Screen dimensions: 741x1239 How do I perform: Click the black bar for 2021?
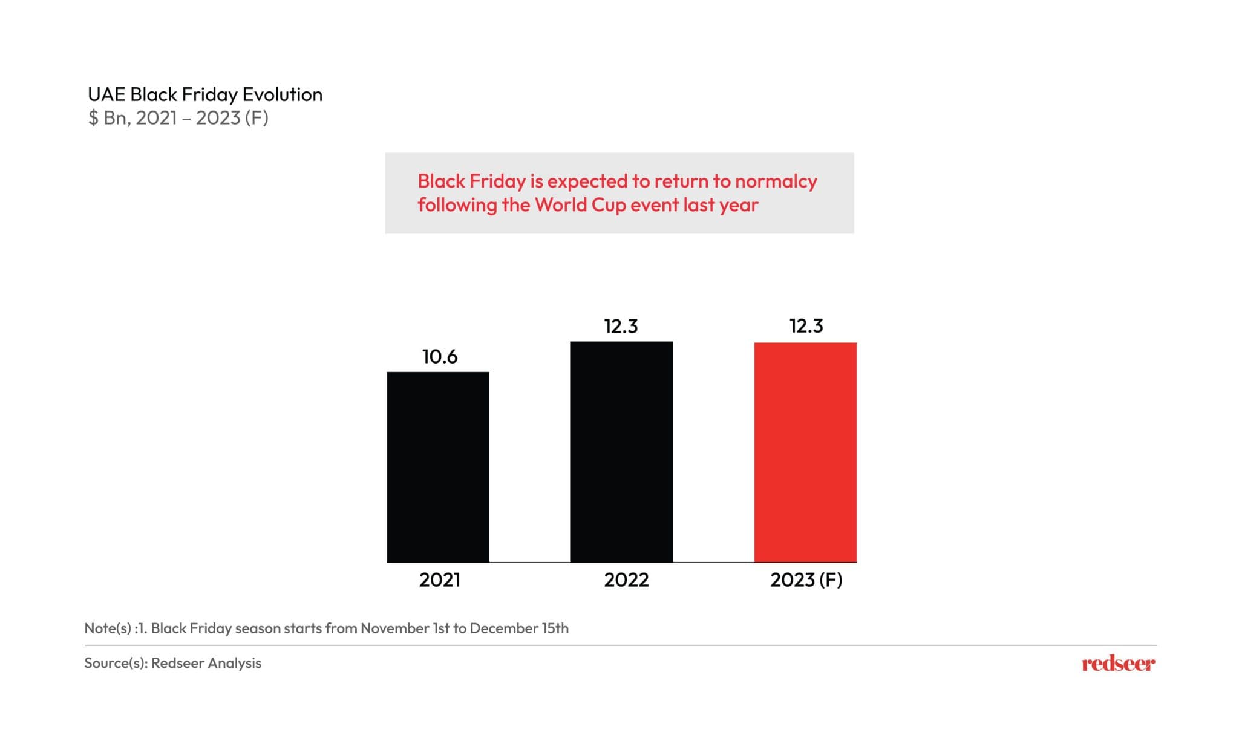(438, 467)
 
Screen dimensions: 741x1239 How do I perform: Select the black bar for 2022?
(621, 452)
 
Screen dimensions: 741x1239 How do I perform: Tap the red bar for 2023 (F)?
(805, 452)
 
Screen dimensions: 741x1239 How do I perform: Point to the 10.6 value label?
(440, 357)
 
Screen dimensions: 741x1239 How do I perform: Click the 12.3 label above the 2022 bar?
(621, 327)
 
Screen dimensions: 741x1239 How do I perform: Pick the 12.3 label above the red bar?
(806, 326)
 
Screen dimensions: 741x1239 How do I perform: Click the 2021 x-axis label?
(440, 580)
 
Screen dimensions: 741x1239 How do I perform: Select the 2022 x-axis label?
(626, 580)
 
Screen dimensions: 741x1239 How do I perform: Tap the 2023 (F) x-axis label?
(806, 580)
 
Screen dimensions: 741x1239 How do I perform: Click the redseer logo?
(1118, 664)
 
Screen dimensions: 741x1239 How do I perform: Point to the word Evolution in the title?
(283, 94)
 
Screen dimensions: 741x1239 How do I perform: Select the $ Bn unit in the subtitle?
(108, 117)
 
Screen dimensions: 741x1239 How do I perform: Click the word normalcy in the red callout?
(776, 181)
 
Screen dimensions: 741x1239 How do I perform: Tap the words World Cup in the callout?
(580, 205)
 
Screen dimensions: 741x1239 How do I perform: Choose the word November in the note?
(395, 628)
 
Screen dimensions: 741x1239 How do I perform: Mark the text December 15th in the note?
(519, 628)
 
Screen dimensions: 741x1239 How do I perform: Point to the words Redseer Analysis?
(206, 663)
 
